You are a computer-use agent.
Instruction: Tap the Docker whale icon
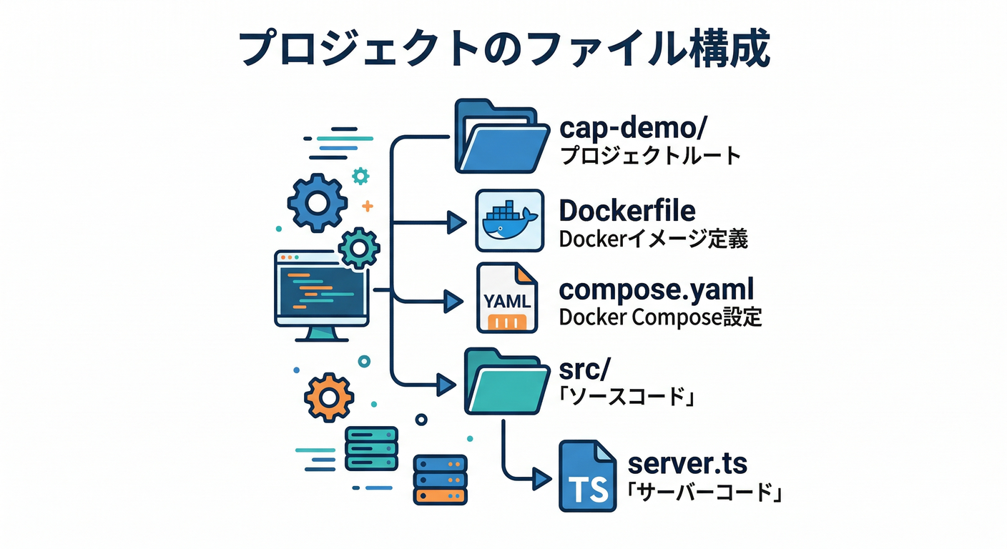coord(509,220)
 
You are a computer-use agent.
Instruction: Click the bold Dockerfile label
coord(627,211)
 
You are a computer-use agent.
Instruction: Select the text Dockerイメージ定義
coord(653,239)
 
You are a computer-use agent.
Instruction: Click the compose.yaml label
coord(656,290)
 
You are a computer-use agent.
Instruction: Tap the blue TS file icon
coord(587,475)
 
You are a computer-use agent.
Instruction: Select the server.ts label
coord(687,463)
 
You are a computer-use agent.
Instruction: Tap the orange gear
coord(329,397)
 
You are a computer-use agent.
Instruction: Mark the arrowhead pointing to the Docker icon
coord(456,222)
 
